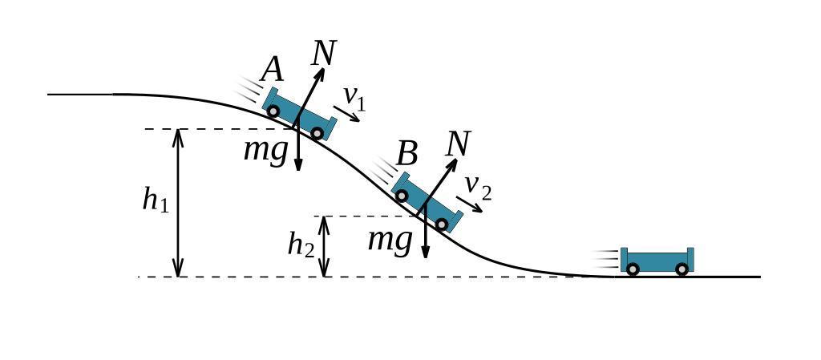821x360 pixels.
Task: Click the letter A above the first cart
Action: point(273,71)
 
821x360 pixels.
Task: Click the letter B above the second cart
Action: point(407,154)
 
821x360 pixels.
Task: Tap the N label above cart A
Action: point(323,53)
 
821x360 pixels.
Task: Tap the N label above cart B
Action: point(457,144)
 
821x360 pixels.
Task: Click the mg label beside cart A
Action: point(265,150)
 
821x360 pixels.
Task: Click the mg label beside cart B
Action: point(390,239)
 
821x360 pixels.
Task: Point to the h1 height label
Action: point(156,200)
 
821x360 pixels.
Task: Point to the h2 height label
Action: point(301,245)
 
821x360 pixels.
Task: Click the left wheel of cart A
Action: point(273,111)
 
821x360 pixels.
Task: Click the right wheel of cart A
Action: point(317,133)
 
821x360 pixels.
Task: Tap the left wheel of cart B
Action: point(402,196)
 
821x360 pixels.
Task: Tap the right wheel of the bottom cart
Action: point(682,269)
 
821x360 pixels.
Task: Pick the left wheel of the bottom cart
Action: point(633,269)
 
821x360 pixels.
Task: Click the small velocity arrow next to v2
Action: point(470,204)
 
